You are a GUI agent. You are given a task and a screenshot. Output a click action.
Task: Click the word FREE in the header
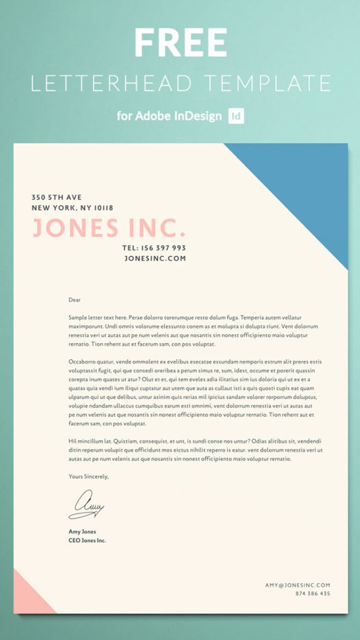180,43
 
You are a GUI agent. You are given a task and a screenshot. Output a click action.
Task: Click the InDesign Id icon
236,116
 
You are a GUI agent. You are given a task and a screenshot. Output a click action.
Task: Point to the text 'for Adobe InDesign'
169,116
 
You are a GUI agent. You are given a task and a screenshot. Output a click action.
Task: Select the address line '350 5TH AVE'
57,197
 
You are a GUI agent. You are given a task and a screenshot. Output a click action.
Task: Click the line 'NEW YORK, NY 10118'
73,208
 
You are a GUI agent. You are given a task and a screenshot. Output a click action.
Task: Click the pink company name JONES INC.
109,228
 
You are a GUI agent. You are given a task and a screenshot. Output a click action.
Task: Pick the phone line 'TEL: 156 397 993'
154,248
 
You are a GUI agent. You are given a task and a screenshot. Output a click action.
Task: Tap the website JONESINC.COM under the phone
155,258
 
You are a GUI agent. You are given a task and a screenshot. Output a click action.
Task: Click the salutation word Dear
75,300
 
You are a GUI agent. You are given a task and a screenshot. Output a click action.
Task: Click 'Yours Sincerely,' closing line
89,476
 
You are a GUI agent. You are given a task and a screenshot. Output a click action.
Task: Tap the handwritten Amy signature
86,505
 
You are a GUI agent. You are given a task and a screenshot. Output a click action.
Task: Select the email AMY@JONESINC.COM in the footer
298,585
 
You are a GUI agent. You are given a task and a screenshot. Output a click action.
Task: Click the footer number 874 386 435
313,594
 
